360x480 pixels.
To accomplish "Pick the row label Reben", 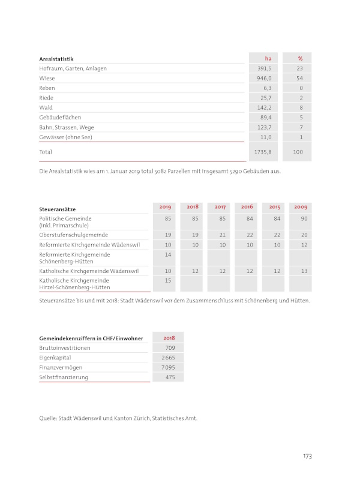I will (47, 88).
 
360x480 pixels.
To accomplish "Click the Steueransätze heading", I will (57, 209).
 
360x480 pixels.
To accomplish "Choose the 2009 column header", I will (301, 207).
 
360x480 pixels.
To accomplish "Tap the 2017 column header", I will (220, 207).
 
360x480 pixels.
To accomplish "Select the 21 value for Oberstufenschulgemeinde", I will (223, 235).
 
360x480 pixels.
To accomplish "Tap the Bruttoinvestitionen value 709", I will (170, 348).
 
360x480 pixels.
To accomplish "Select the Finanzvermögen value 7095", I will (168, 367).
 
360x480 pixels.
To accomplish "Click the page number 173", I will (307, 457).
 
